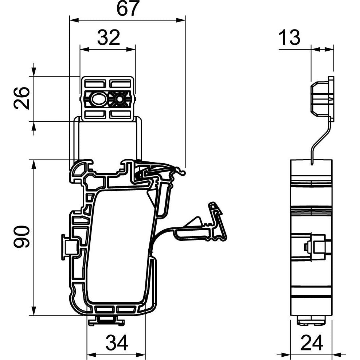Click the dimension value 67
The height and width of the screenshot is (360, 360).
[128, 9]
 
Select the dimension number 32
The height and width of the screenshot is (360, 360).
[108, 38]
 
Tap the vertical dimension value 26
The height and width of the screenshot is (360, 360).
[21, 98]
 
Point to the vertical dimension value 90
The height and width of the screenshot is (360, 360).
[21, 237]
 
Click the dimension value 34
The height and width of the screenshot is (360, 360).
[117, 343]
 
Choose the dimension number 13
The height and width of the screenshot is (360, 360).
[290, 38]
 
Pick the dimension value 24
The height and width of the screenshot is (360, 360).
[313, 343]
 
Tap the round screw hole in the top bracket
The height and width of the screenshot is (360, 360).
[119, 98]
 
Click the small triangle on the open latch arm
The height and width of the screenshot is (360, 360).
[194, 222]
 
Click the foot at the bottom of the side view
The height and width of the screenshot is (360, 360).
[312, 321]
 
